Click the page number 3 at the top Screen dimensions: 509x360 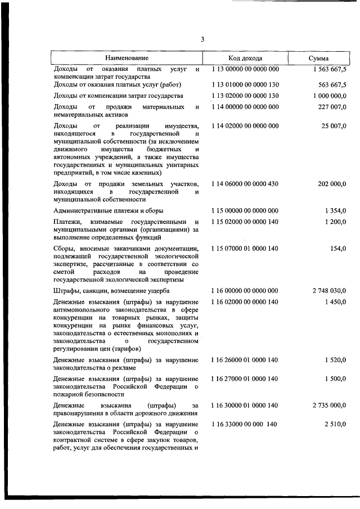click(x=202, y=39)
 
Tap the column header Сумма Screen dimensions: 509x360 click(x=319, y=58)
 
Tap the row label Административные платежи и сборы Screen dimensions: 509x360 click(x=109, y=210)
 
